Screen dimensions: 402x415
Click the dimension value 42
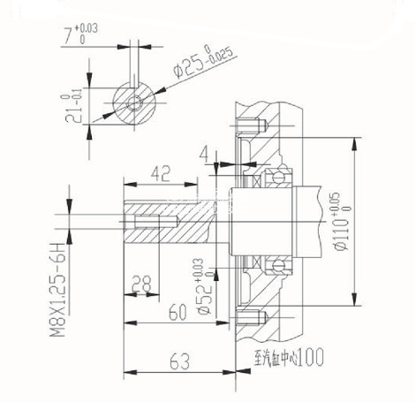160,173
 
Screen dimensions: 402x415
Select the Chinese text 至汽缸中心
275,360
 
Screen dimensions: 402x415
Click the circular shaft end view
135,102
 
